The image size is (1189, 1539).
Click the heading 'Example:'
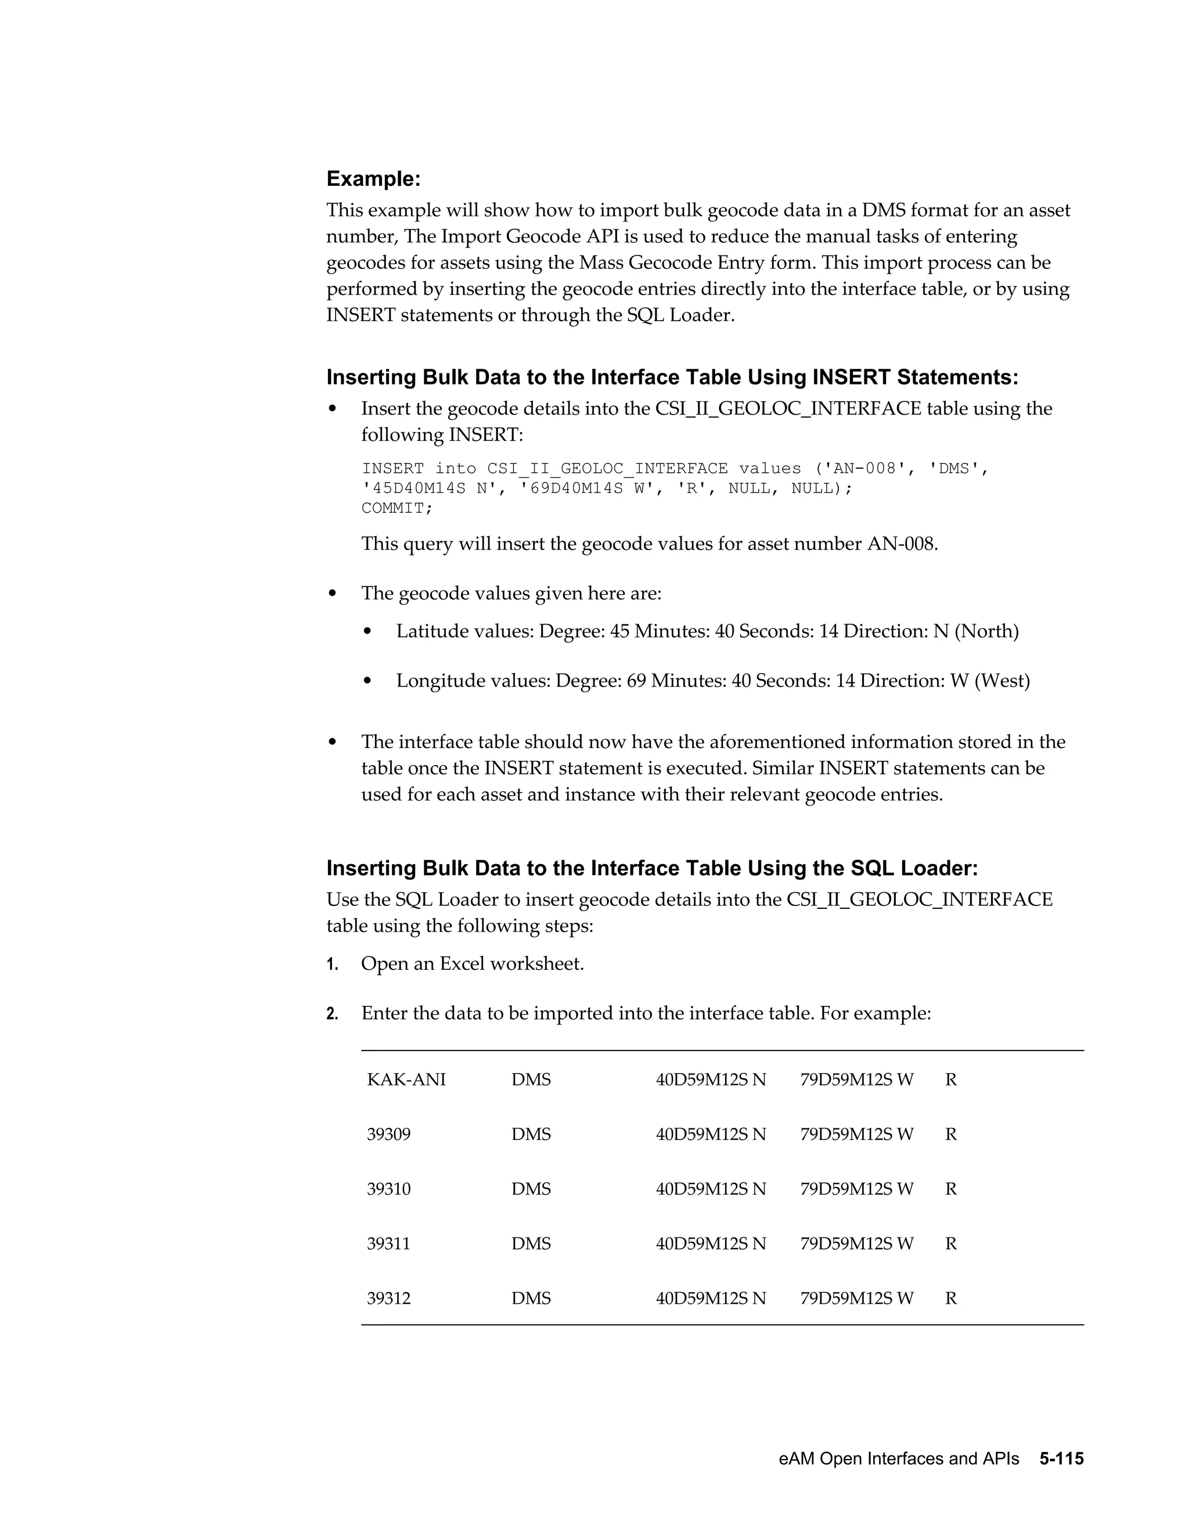[x=373, y=179]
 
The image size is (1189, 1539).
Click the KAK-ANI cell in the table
[x=406, y=1080]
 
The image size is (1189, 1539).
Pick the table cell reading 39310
[x=388, y=1189]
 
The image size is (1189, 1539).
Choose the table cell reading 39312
[x=388, y=1298]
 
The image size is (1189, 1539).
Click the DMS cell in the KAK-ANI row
[x=531, y=1080]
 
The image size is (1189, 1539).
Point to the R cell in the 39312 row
[x=950, y=1298]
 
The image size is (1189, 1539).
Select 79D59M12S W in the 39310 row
[x=856, y=1189]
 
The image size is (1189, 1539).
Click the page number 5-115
[x=1061, y=1459]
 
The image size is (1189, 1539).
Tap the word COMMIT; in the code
[x=397, y=508]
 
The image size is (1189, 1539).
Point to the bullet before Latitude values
[x=367, y=631]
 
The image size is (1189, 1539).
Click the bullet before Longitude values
[x=367, y=681]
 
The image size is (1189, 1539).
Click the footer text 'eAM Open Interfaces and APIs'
[x=898, y=1459]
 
